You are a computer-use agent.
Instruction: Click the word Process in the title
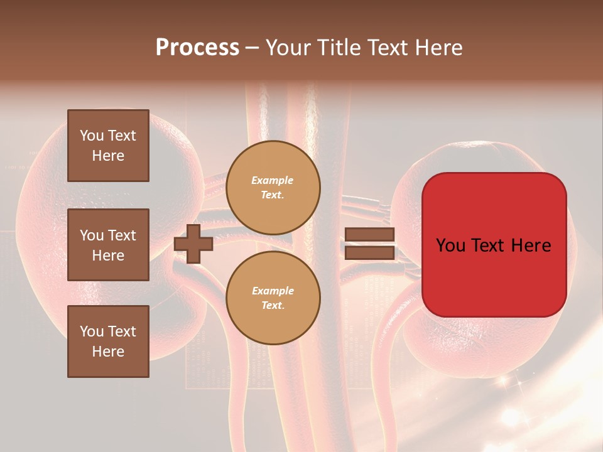197,48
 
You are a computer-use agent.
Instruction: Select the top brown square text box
108,146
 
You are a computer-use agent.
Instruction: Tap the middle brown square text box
108,245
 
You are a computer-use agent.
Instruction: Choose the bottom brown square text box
108,341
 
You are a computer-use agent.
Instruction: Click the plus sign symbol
193,244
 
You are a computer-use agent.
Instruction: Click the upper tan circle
273,188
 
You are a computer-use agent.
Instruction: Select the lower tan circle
273,298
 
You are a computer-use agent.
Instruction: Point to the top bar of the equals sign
369,235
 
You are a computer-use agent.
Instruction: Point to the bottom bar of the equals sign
369,252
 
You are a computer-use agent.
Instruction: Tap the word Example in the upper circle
272,181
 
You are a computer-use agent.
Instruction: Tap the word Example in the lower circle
272,291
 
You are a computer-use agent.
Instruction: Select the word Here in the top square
108,156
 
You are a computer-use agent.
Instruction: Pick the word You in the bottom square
91,331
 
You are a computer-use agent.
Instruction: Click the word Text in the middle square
122,235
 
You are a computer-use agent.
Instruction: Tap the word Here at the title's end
439,48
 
